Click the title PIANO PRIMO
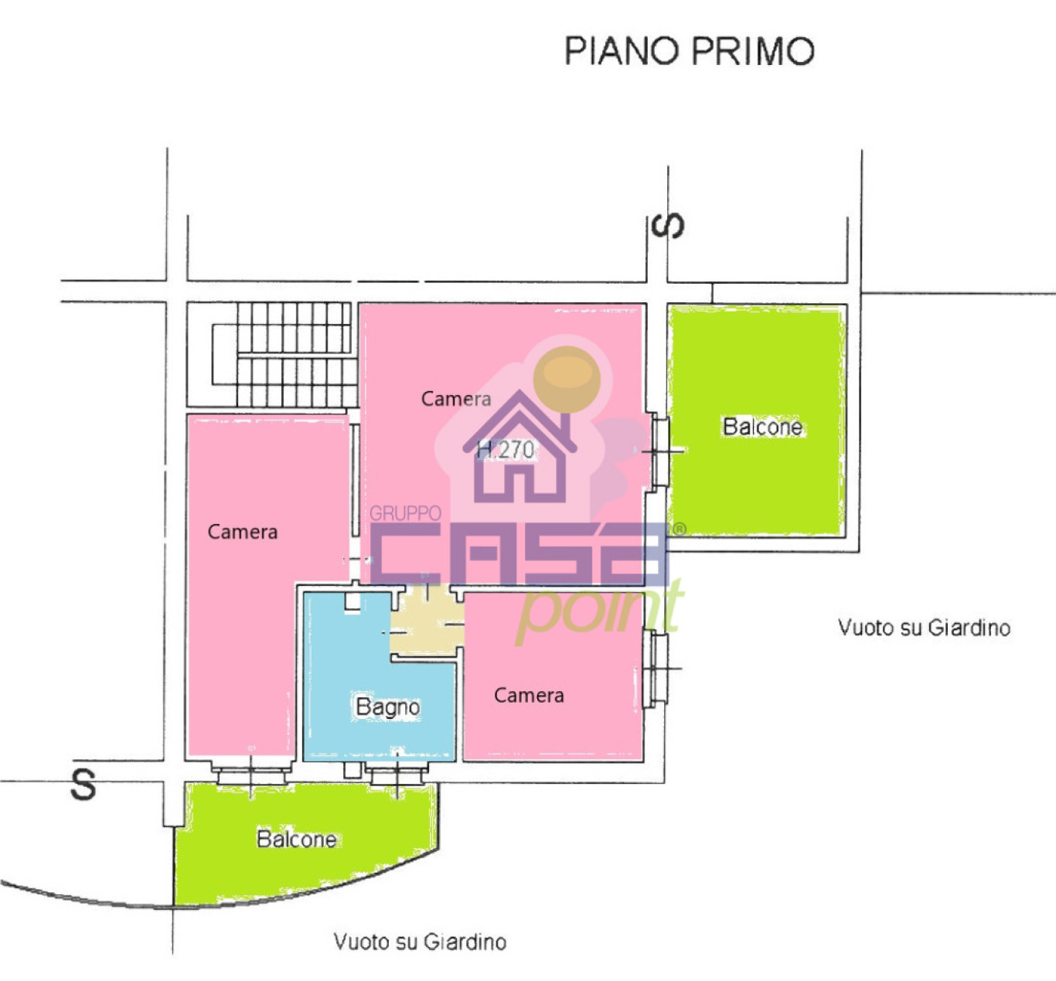689,51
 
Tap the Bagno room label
387,707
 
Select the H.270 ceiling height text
506,448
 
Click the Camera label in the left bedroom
242,532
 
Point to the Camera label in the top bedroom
455,399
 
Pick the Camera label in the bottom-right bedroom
529,696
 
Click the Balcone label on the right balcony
762,427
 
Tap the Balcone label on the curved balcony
296,840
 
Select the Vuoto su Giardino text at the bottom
420,942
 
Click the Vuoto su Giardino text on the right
924,627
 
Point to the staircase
283,355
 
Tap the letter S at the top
667,225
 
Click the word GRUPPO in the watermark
405,513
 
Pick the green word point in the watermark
599,611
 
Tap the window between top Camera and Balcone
659,451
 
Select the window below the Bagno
397,774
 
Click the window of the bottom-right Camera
658,669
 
